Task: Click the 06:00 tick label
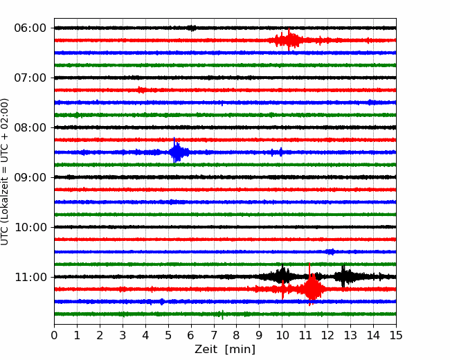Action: (x=30, y=28)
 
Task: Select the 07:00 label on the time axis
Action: (x=30, y=78)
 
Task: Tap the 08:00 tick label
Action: (x=30, y=127)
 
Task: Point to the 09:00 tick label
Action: (x=30, y=177)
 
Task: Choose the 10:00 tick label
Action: (x=30, y=227)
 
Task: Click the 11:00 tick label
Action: (x=30, y=277)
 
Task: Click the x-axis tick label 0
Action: (x=54, y=335)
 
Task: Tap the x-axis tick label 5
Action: (x=168, y=335)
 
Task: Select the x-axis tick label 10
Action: (x=282, y=335)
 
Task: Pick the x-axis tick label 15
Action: (x=396, y=335)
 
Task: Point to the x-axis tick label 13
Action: (x=350, y=335)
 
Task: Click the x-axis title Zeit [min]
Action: (x=225, y=350)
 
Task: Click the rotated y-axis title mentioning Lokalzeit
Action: (x=5, y=172)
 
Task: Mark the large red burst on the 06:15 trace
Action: (x=289, y=39)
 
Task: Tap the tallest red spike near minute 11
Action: (x=309, y=285)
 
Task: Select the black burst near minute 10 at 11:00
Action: (x=282, y=276)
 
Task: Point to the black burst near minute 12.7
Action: (x=343, y=276)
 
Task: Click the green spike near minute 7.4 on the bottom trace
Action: (x=222, y=315)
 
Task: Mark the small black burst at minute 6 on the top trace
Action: (x=192, y=28)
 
